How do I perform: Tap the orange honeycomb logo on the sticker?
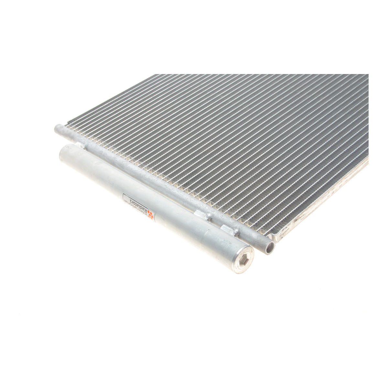[151, 214]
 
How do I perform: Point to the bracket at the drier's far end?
[81, 145]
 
